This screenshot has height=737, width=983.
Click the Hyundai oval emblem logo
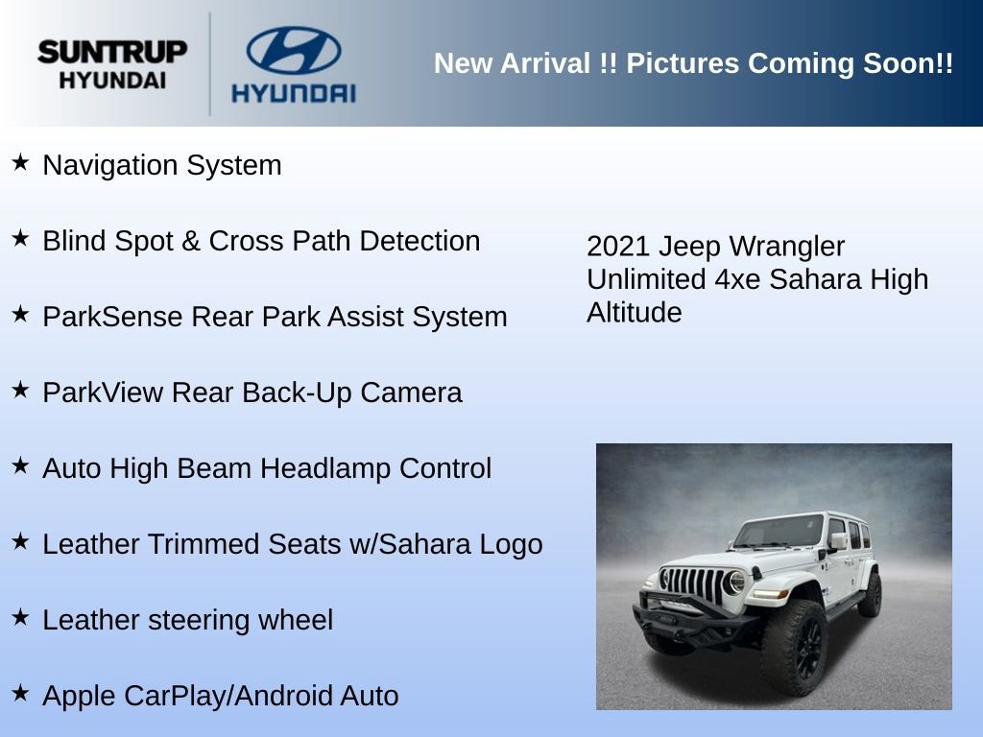click(x=293, y=50)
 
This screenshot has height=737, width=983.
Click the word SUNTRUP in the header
click(x=112, y=52)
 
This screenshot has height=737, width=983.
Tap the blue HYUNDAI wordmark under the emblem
click(x=293, y=93)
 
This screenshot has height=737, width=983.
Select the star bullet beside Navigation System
click(x=20, y=163)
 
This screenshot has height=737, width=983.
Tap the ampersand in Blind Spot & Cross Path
click(x=190, y=241)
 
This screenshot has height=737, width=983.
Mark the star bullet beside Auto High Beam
click(x=20, y=466)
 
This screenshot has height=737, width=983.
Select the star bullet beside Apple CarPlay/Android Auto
click(x=20, y=693)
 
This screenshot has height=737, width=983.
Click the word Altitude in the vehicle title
click(x=634, y=312)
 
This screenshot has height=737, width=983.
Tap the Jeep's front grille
click(x=694, y=583)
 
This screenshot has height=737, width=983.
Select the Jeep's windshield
click(x=779, y=531)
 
